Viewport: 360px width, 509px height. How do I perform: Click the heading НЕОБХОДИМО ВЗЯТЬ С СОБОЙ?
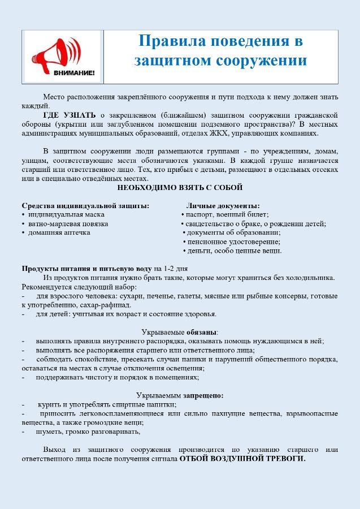[180, 187]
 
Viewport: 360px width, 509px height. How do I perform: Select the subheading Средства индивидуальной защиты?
[85, 205]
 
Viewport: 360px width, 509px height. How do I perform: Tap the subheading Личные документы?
[223, 205]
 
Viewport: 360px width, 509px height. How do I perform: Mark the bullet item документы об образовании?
[233, 232]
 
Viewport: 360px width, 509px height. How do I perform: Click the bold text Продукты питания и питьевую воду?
[86, 269]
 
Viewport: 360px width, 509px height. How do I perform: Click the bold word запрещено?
[203, 395]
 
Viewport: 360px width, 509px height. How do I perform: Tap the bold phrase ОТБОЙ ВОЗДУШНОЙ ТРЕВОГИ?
[242, 459]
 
